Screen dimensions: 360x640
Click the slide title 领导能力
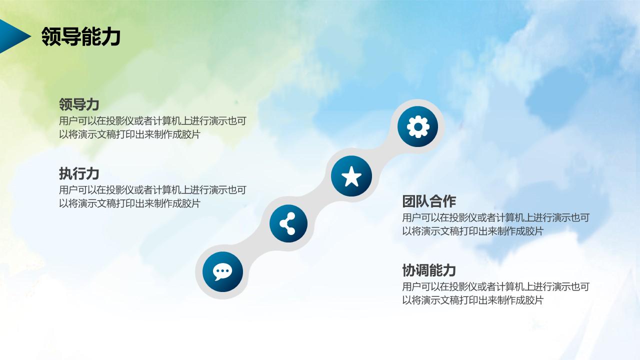(81, 36)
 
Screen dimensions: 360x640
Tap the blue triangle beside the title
(12, 36)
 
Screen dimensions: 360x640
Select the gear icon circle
(417, 126)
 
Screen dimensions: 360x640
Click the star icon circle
(351, 176)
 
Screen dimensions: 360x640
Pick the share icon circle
(288, 223)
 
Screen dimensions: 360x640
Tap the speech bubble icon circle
(222, 272)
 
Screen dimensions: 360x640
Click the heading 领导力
(79, 104)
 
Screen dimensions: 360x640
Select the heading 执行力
(79, 173)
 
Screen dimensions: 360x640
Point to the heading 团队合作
(429, 201)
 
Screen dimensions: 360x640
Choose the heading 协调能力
(429, 270)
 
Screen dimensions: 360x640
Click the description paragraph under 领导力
(152, 127)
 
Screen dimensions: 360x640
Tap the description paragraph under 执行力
(152, 196)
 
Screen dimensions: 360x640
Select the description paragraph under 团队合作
(495, 224)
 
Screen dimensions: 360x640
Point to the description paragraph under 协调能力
(495, 293)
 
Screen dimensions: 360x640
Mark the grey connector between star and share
(320, 200)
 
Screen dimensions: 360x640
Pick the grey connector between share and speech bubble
(255, 248)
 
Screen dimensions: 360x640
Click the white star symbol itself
(351, 176)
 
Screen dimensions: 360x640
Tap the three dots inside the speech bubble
(222, 271)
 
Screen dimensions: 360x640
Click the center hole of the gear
(417, 126)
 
